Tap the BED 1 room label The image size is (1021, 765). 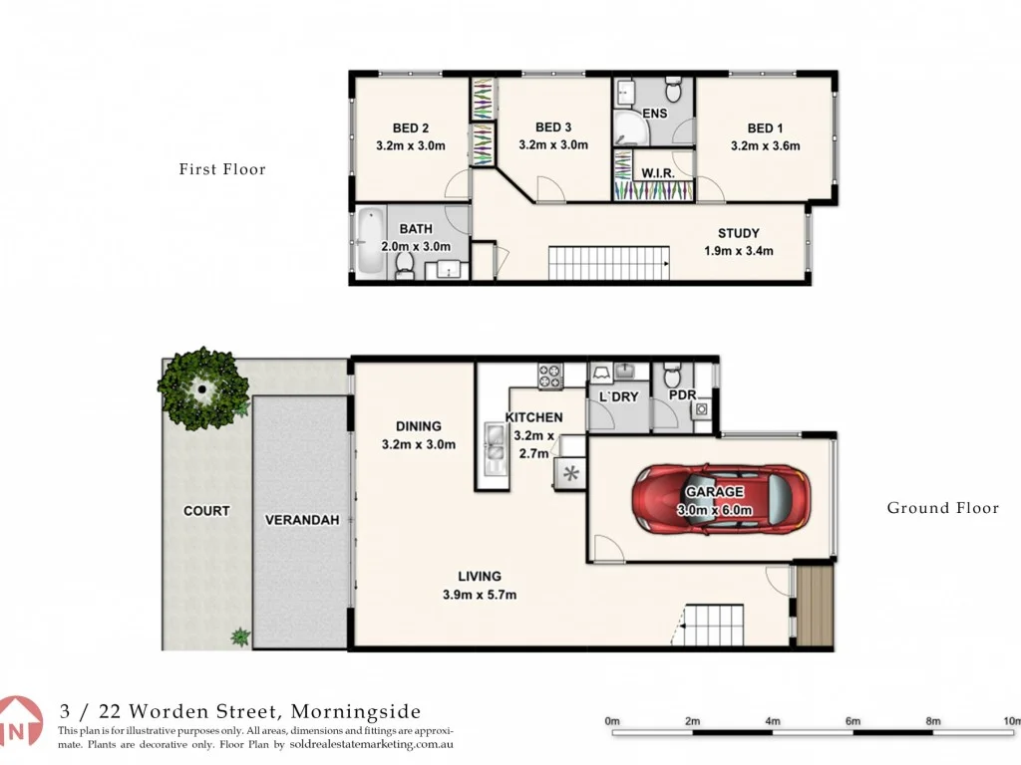pyautogui.click(x=765, y=127)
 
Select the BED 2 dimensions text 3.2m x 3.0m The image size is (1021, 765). pyautogui.click(x=410, y=145)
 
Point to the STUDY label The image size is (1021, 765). pyautogui.click(x=738, y=234)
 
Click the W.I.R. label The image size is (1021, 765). pyautogui.click(x=657, y=173)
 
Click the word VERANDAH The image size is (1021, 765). pyautogui.click(x=302, y=520)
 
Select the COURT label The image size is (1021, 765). pyautogui.click(x=206, y=511)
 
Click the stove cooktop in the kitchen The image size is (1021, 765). pyautogui.click(x=550, y=377)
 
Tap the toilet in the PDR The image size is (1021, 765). pyautogui.click(x=671, y=378)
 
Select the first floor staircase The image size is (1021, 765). pyautogui.click(x=606, y=264)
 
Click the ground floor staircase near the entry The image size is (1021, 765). pyautogui.click(x=713, y=626)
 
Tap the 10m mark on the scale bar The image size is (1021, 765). pyautogui.click(x=1011, y=721)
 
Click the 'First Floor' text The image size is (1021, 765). pyautogui.click(x=222, y=169)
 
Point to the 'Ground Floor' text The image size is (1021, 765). pyautogui.click(x=942, y=508)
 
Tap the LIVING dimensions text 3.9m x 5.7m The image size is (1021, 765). pyautogui.click(x=480, y=595)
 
